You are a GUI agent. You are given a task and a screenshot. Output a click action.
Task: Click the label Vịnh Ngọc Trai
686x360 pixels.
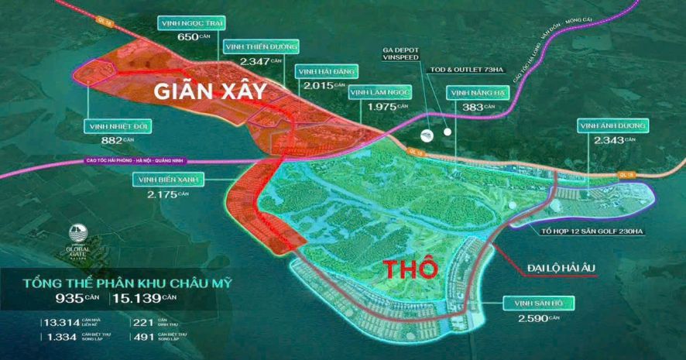[190, 23]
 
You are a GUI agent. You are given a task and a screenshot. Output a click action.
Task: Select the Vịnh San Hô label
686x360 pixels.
[534, 303]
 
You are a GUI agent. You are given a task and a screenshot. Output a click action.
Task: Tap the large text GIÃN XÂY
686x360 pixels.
[210, 91]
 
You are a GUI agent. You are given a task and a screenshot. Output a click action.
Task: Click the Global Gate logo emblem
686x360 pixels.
[78, 233]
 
